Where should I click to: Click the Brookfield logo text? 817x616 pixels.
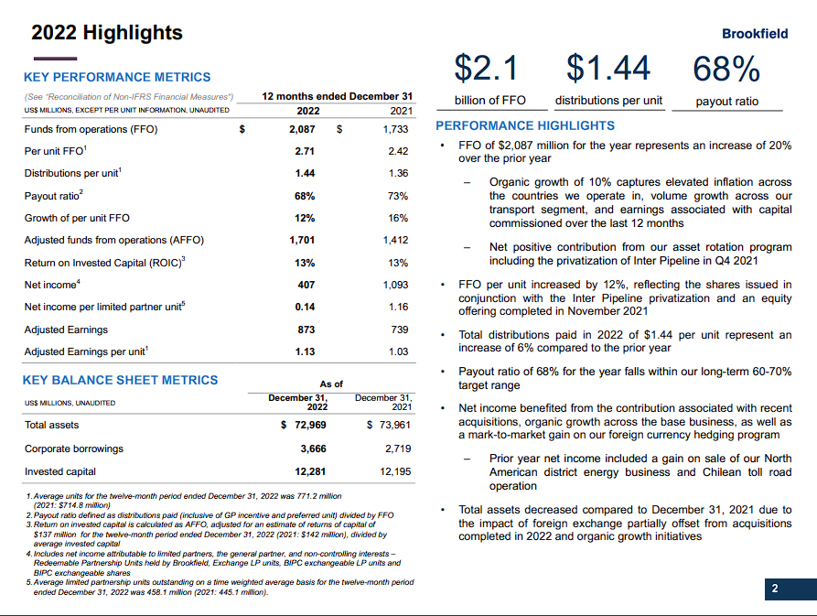(x=754, y=34)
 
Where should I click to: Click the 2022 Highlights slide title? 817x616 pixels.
(x=107, y=33)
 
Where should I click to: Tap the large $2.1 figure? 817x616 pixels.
(x=487, y=68)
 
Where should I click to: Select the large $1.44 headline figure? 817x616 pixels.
(x=608, y=68)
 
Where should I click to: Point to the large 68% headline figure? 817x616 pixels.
(x=726, y=68)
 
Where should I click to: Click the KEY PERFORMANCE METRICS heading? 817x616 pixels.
(x=117, y=78)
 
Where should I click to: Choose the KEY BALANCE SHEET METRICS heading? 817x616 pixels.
(x=121, y=380)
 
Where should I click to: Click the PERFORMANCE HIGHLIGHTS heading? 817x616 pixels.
(x=525, y=125)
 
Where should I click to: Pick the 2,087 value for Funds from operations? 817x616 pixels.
(x=301, y=130)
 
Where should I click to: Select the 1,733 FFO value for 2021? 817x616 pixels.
(x=395, y=130)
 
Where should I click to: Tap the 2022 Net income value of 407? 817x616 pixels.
(x=306, y=285)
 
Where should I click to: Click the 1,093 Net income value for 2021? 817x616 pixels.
(x=395, y=285)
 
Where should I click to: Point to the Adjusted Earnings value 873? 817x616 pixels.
(x=306, y=330)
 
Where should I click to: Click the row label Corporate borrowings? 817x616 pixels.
(x=73, y=448)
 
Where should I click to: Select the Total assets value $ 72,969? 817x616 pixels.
(x=303, y=426)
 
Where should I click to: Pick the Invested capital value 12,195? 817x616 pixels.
(x=392, y=471)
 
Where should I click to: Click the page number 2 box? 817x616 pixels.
(x=774, y=589)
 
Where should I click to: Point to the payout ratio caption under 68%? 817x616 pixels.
(x=726, y=102)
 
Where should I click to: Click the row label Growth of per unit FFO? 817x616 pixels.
(x=78, y=218)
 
